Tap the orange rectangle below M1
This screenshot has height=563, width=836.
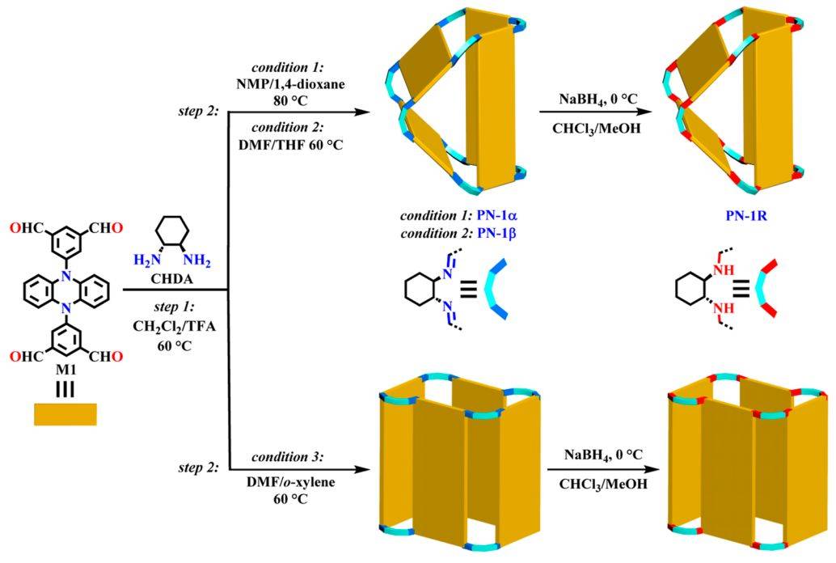[65, 414]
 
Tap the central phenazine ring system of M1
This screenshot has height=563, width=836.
[65, 290]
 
